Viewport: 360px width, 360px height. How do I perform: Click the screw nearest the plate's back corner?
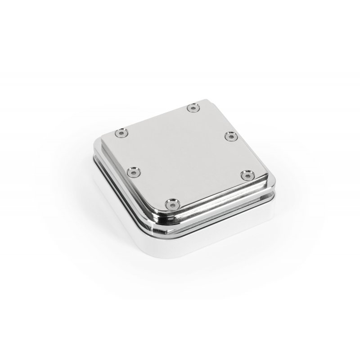(193, 107)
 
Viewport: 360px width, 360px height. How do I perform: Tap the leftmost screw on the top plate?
(121, 133)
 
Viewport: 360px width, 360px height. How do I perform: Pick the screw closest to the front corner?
(170, 204)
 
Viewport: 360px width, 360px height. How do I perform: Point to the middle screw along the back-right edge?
(230, 135)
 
